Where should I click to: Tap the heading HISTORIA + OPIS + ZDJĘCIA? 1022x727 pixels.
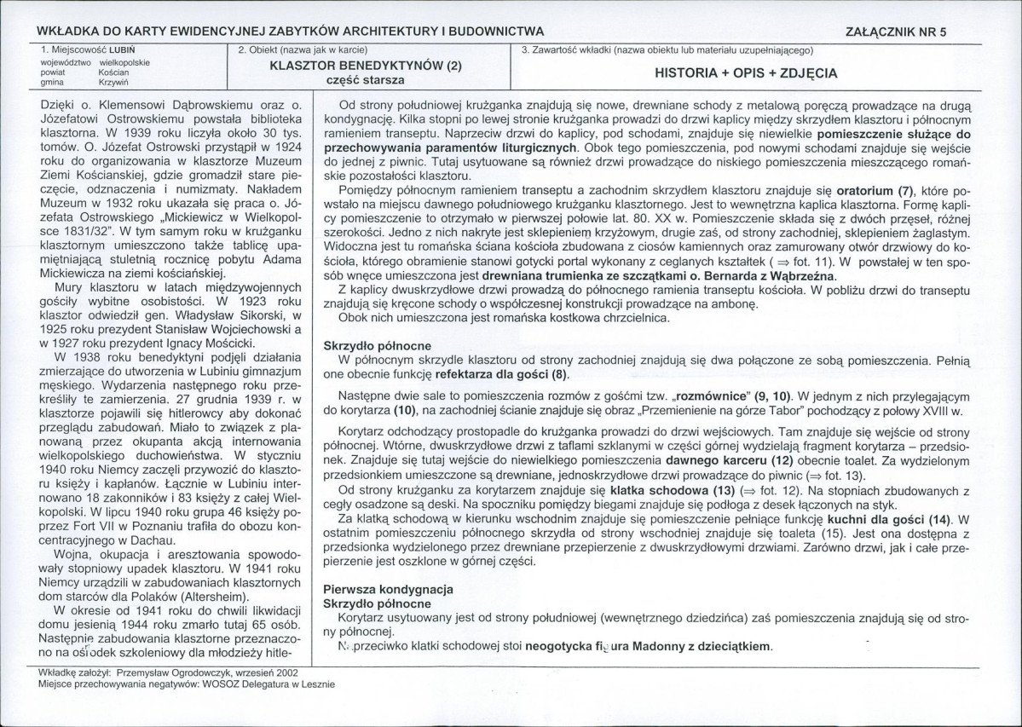tap(745, 73)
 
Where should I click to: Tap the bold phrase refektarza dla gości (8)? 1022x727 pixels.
tap(501, 374)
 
